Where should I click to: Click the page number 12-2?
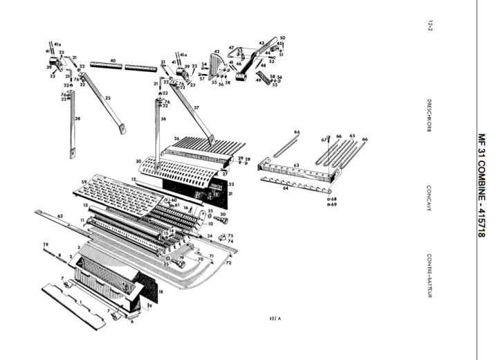[x=430, y=26]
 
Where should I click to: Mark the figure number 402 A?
[x=275, y=318]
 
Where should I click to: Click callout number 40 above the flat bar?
[x=112, y=61]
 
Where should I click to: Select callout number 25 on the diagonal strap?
[x=107, y=98]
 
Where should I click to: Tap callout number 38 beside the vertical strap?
[x=77, y=119]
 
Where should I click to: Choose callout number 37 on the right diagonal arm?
[x=196, y=107]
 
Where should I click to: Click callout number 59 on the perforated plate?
[x=84, y=183]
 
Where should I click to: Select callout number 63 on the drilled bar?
[x=295, y=165]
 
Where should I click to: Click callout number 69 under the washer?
[x=333, y=205]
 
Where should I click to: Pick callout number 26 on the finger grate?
[x=177, y=138]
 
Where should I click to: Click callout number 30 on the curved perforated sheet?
[x=139, y=162]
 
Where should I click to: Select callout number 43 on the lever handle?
[x=261, y=43]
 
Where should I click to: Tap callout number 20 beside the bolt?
[x=223, y=215]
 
